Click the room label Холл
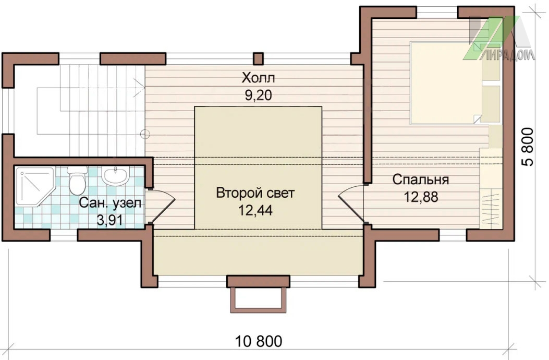coord(258,78)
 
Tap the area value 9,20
coord(259,95)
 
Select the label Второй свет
coord(255,193)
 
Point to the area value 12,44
coord(255,210)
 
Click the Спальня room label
coord(421,179)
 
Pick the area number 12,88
coord(421,197)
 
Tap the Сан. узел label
coord(110,203)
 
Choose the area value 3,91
coord(109,220)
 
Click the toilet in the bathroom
coord(77,180)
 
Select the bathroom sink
coord(115,175)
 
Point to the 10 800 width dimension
coord(259,341)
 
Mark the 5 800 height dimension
coord(528,147)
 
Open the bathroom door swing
coord(162,207)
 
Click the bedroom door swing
coord(351,203)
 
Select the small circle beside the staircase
coord(145,134)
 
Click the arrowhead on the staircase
coord(141,83)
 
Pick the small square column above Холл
coord(258,58)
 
